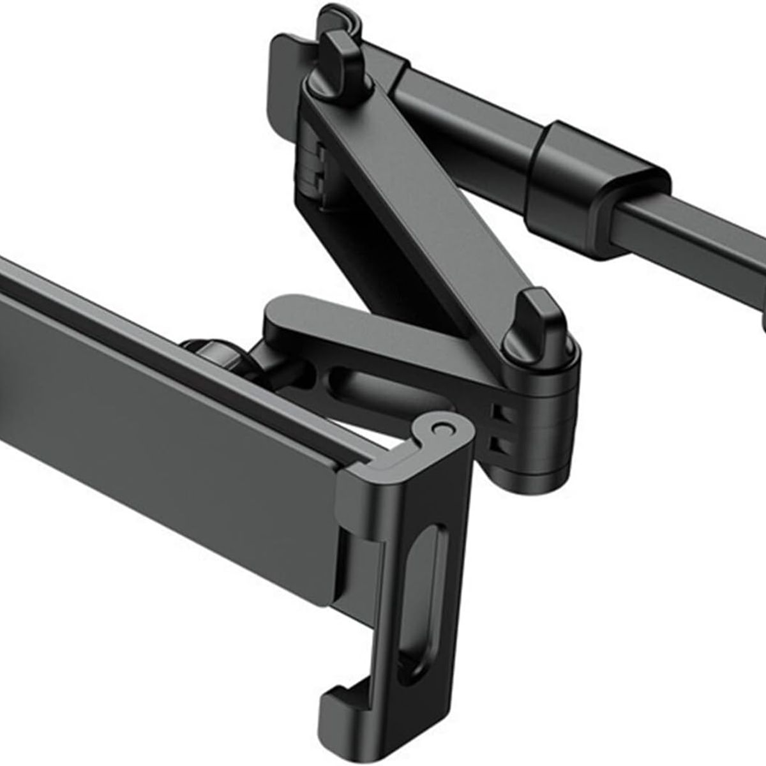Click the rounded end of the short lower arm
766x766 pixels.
281,313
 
